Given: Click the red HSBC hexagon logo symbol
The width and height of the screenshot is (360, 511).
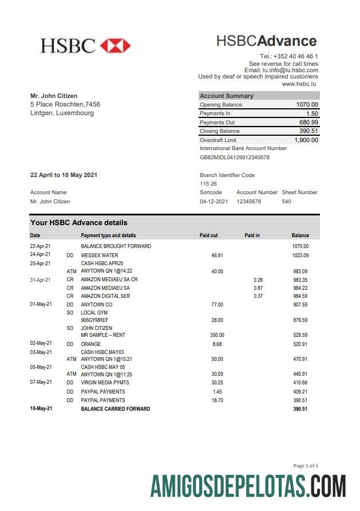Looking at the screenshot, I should click(115, 46).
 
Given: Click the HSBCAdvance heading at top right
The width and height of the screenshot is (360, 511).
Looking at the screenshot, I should click(266, 41).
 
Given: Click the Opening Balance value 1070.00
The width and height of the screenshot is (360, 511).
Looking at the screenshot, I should click(307, 105).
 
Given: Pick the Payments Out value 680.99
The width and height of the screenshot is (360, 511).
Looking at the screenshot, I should click(308, 123).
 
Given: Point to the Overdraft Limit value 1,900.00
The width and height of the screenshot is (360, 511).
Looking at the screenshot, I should click(306, 140).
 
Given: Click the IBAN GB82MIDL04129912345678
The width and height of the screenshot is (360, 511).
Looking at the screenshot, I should click(235, 157).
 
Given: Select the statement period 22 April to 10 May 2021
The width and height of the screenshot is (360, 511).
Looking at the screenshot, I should click(64, 175).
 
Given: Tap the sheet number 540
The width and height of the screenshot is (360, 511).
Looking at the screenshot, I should click(287, 202).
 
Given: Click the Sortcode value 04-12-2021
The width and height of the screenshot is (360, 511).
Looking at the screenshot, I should click(213, 202).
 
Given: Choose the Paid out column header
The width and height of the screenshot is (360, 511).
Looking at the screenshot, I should click(208, 235).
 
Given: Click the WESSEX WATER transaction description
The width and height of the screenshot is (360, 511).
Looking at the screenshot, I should click(100, 256).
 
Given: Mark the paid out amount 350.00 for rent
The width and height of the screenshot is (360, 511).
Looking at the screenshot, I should click(217, 335).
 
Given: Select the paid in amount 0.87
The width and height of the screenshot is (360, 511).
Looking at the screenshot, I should click(258, 288).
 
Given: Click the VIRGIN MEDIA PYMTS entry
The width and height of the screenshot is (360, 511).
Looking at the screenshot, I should click(105, 382).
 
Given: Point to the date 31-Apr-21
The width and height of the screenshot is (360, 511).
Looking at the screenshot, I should click(40, 280).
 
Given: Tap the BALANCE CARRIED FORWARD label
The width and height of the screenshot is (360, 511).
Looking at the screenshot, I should click(115, 409).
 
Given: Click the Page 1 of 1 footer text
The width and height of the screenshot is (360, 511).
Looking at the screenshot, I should click(306, 466).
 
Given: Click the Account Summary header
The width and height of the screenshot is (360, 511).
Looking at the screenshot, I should click(227, 96).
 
